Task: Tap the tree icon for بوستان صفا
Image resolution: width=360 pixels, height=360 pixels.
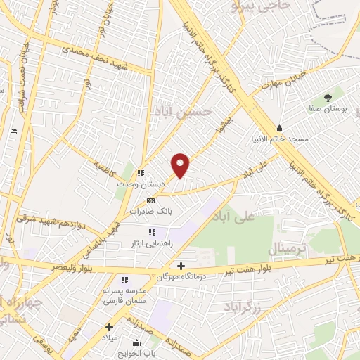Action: [327, 98]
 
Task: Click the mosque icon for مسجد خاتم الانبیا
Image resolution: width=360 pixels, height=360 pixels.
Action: [281, 128]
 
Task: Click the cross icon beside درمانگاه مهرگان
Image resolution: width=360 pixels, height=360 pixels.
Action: [181, 266]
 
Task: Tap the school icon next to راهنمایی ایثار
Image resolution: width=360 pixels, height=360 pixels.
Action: [150, 232]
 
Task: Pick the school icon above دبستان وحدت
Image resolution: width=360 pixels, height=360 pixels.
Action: [141, 173]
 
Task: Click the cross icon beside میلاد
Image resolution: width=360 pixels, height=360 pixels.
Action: [109, 326]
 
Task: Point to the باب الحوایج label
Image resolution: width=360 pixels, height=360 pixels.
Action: [145, 351]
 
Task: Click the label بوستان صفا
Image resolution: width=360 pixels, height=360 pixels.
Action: [328, 110]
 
